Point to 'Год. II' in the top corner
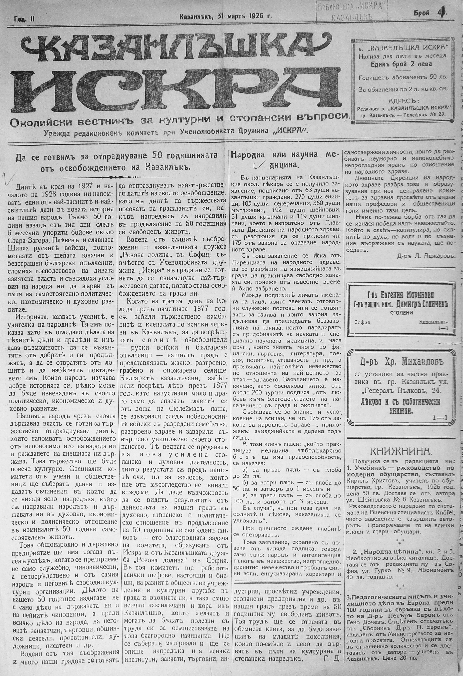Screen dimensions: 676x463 click(24, 19)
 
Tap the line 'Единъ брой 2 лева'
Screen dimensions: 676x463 click(401, 64)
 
